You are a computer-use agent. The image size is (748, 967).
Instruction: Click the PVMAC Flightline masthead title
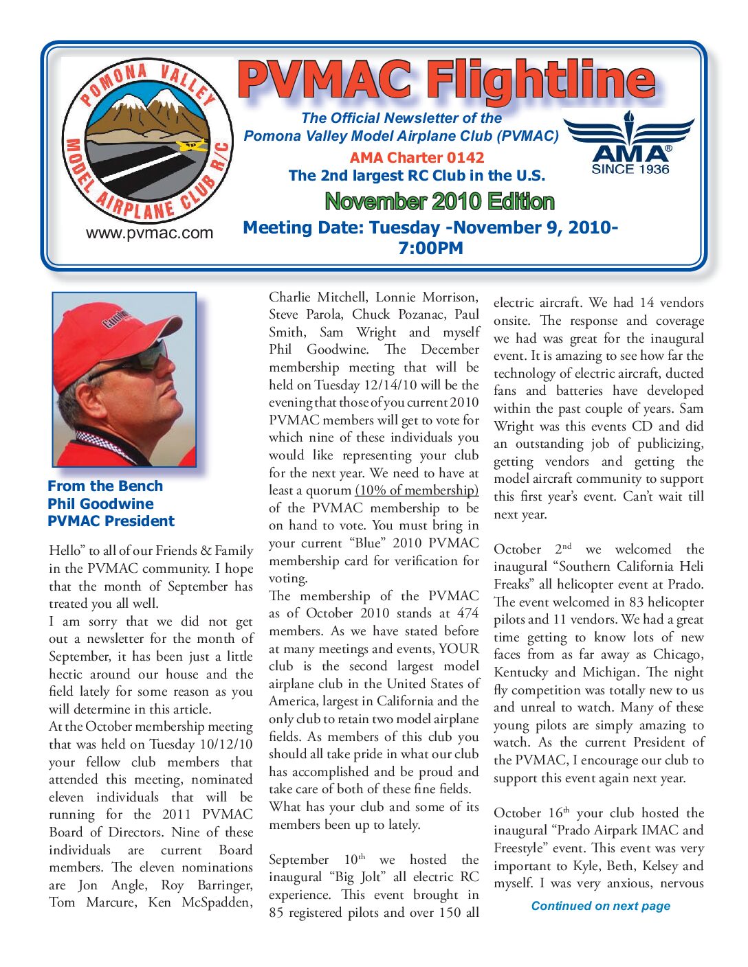point(446,80)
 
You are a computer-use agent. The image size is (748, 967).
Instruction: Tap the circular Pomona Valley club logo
point(147,140)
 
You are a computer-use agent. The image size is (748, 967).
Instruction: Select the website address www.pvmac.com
point(149,233)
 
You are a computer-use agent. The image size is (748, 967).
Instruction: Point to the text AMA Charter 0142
point(417,157)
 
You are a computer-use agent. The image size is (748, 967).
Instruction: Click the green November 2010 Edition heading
point(439,201)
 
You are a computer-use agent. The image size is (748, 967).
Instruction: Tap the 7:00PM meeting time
point(430,248)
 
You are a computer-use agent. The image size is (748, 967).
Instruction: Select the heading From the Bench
point(105,486)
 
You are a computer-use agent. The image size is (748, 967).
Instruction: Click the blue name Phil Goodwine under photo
point(100,503)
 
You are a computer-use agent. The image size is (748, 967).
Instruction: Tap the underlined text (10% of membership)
point(417,490)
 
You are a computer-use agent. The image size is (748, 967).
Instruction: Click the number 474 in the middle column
point(467,613)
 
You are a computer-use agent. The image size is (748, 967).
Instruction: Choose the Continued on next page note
point(600,906)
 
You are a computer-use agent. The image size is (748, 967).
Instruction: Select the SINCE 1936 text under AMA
point(630,169)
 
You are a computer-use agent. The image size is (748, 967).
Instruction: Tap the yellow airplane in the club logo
point(190,146)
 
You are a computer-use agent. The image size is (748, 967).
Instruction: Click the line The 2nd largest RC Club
point(417,176)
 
